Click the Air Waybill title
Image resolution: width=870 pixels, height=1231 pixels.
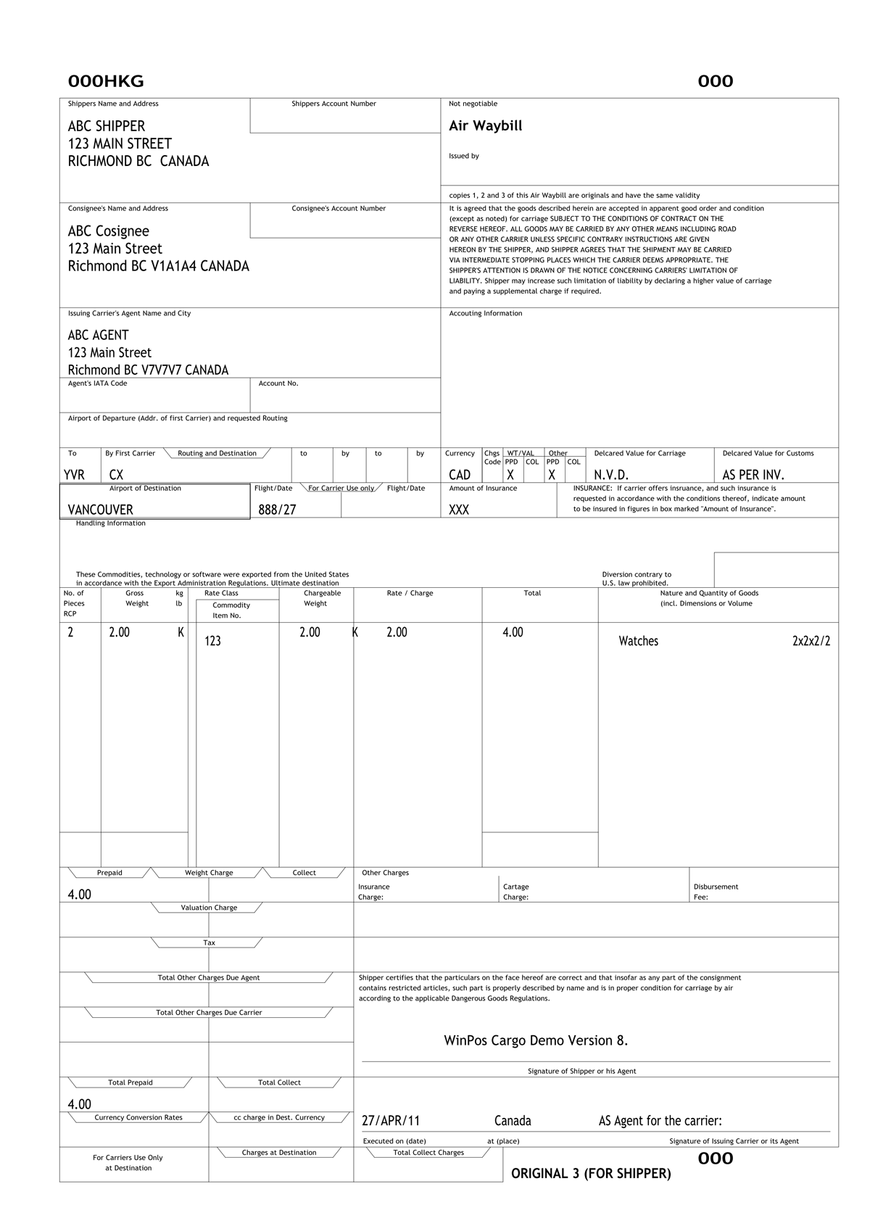click(485, 126)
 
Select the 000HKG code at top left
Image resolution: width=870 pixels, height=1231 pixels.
click(106, 81)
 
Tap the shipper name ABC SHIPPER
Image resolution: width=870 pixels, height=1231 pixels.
click(107, 126)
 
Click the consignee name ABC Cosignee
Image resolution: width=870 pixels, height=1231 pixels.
click(109, 231)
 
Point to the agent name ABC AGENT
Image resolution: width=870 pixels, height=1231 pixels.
click(99, 335)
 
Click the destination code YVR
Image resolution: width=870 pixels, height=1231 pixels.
click(75, 475)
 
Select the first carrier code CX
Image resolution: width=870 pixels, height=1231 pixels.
click(116, 475)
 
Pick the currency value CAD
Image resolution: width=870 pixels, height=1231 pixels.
click(460, 475)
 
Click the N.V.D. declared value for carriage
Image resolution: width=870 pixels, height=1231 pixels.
click(611, 475)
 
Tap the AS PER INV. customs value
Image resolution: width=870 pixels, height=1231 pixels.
click(753, 475)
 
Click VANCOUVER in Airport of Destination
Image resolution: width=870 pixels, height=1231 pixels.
click(101, 510)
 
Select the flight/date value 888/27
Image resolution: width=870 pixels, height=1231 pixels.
click(277, 510)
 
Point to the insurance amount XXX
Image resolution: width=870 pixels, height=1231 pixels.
click(459, 510)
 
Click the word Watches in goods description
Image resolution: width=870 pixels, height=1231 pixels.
click(638, 641)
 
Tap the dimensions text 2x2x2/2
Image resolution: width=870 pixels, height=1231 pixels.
click(811, 641)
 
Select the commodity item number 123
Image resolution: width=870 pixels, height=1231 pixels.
click(212, 641)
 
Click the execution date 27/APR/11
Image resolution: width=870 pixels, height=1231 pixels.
click(391, 1121)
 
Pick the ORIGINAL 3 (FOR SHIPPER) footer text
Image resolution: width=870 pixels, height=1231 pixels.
click(591, 1173)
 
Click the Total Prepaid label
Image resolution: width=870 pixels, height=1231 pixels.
click(130, 1082)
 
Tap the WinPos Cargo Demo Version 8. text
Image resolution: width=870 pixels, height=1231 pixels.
click(536, 1040)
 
